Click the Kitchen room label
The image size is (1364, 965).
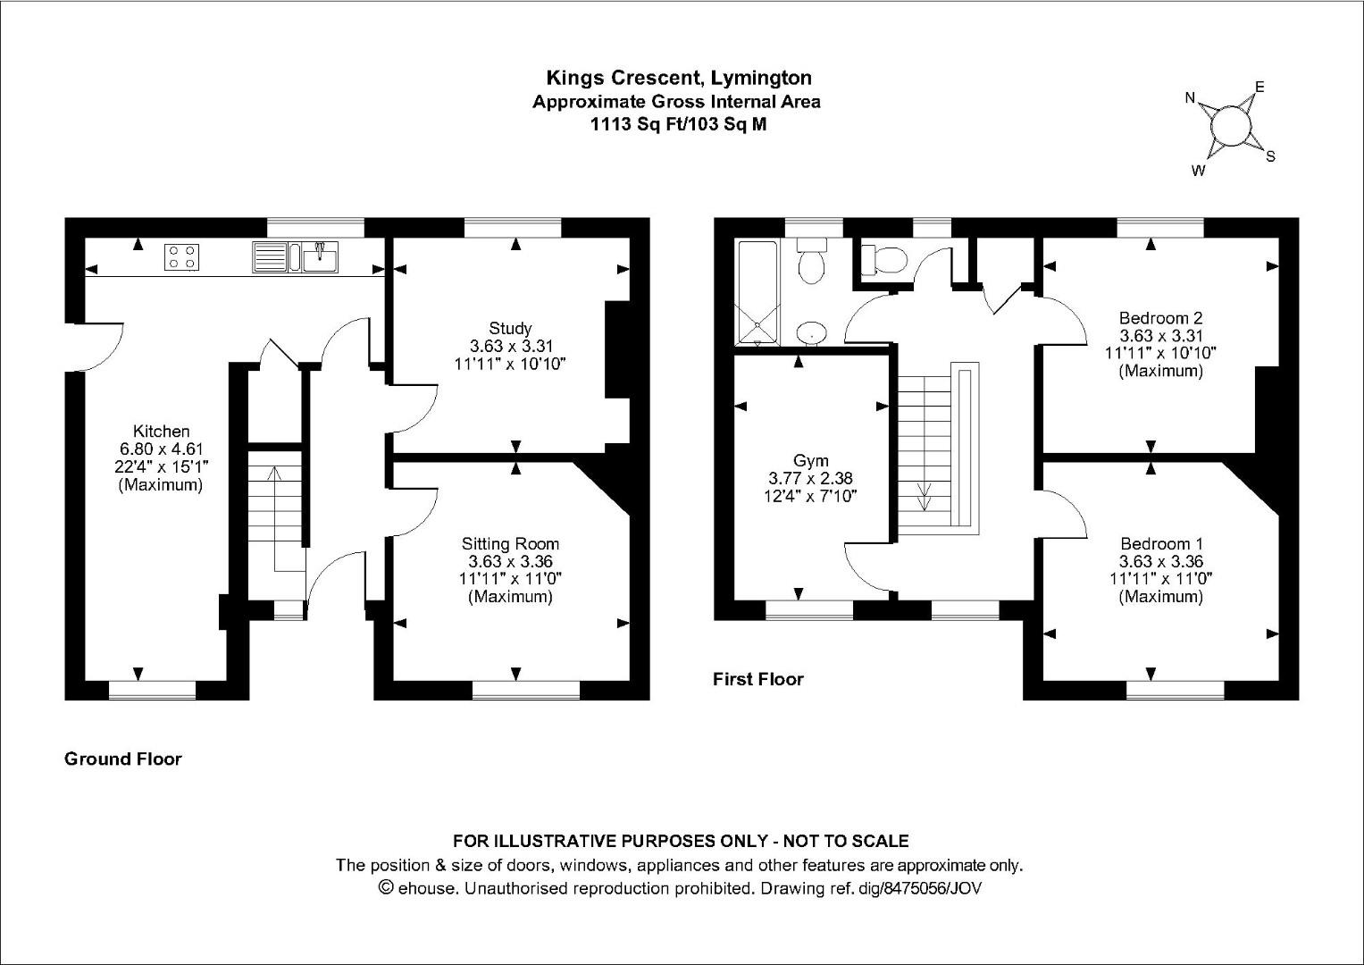coord(161,432)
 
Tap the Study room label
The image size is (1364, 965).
coord(510,328)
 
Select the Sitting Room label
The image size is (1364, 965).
coord(510,543)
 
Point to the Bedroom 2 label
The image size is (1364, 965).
coord(1160,317)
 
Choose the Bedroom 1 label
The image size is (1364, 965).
coord(1160,543)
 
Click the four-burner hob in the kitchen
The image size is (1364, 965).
coord(181,257)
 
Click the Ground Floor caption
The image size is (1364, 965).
coord(123,759)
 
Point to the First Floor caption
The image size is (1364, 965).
coord(757,679)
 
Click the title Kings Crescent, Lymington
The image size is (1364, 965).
coord(679,79)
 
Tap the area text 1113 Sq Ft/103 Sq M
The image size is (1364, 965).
coord(677,124)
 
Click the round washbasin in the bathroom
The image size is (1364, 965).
coord(811,331)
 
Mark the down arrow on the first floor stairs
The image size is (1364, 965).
coord(924,496)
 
